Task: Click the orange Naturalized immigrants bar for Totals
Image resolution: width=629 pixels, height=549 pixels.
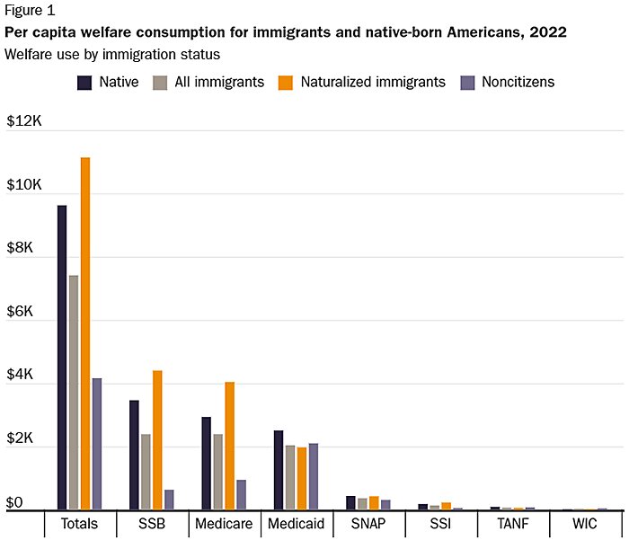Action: pos(85,333)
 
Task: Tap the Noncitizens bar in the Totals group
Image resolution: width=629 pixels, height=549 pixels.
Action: pos(97,444)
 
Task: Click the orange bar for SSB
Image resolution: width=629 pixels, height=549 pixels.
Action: pos(157,440)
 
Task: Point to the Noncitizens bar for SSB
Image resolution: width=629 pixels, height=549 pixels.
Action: pos(169,500)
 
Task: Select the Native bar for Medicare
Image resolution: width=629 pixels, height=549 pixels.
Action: pos(206,464)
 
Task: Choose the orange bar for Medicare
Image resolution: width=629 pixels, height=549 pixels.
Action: pos(229,446)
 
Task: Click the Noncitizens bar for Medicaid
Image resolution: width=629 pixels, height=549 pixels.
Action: pos(313,476)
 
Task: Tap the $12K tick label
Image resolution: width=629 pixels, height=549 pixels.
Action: pos(24,121)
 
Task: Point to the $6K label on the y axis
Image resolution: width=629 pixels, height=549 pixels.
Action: pos(21,313)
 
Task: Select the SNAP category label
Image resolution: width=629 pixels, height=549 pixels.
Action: pos(368,524)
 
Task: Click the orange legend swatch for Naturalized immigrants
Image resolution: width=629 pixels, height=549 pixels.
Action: pos(284,83)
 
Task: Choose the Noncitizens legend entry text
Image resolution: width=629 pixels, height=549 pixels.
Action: pos(517,82)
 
